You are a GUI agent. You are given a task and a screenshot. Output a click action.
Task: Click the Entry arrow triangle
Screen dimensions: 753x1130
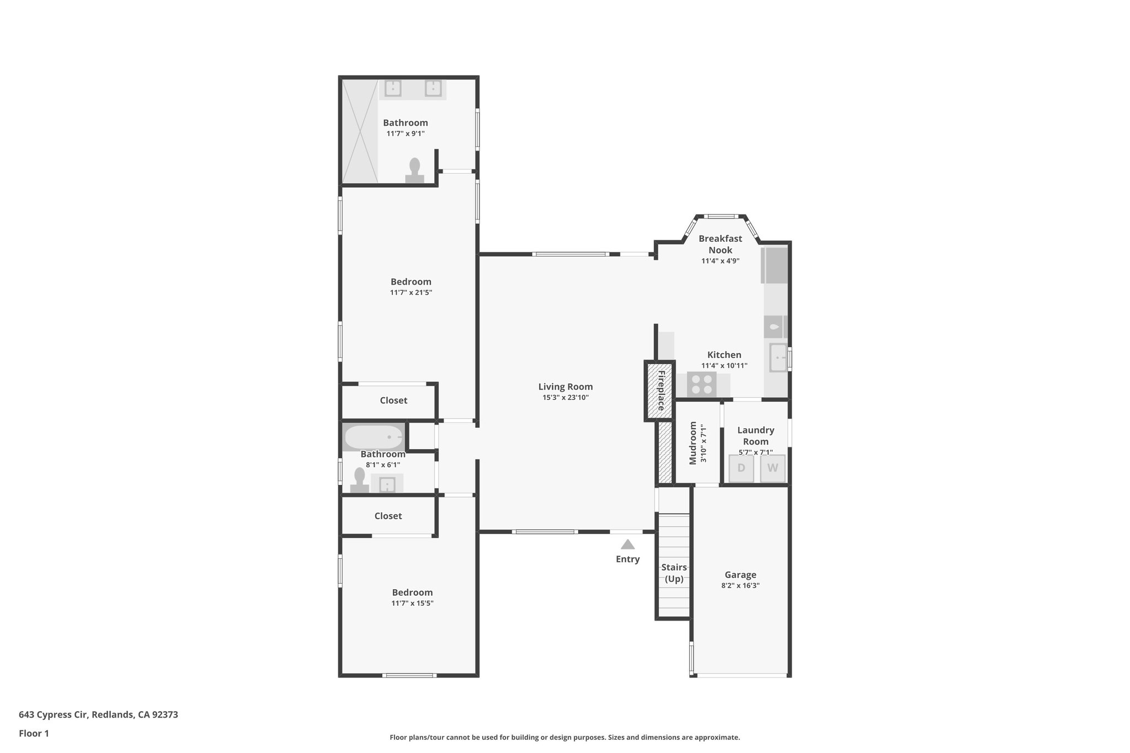click(x=627, y=544)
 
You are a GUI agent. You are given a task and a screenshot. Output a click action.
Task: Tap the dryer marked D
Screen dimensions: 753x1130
click(x=741, y=468)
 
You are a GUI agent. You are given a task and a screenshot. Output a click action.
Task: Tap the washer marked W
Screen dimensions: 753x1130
click(x=772, y=468)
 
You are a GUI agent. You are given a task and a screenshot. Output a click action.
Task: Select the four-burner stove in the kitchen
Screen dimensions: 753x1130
click(x=701, y=384)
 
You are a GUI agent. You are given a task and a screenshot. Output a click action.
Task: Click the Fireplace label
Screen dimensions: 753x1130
click(x=660, y=390)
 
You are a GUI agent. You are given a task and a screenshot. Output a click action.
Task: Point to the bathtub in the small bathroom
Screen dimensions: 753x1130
click(x=374, y=437)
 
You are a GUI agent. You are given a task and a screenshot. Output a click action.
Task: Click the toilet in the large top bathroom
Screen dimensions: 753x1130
click(x=414, y=170)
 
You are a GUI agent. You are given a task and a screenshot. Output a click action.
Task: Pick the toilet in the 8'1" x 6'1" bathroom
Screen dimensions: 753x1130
click(x=360, y=480)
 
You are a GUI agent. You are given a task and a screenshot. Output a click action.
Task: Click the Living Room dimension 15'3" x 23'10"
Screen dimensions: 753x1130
click(x=566, y=398)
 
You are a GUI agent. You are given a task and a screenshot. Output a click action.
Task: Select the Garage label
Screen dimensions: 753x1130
click(x=740, y=575)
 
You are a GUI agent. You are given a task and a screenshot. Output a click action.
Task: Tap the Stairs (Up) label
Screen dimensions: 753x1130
click(x=674, y=573)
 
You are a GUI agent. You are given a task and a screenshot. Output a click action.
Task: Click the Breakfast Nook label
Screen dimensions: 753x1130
click(x=720, y=244)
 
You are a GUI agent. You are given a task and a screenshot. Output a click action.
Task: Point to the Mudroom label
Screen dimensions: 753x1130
click(x=694, y=443)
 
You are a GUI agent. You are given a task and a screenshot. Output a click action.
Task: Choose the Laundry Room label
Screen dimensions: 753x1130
click(x=755, y=435)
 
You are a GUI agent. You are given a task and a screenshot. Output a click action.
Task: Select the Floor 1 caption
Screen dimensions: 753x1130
click(x=34, y=733)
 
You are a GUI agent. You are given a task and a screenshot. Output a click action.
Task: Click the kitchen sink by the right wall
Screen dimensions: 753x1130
click(x=777, y=357)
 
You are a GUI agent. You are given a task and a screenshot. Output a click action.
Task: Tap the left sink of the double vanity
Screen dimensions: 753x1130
click(x=392, y=88)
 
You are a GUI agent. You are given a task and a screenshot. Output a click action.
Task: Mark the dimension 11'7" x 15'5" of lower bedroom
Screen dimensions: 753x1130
click(x=412, y=604)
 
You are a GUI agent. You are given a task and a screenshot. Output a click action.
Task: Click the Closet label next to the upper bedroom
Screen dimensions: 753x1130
click(x=393, y=400)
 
